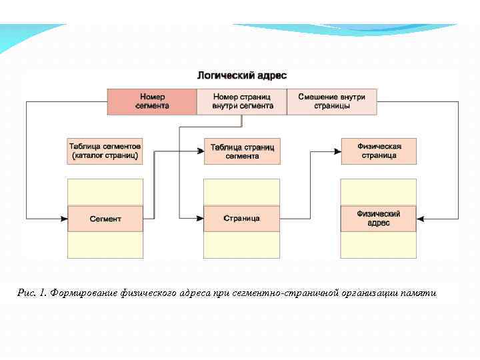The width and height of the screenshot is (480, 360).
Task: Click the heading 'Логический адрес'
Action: pos(242,76)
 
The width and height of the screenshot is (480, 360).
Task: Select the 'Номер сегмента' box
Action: pos(152,101)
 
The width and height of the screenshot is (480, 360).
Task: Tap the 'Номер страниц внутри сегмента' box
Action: pos(242,101)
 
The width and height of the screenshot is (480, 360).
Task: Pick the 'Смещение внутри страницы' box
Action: pos(331,101)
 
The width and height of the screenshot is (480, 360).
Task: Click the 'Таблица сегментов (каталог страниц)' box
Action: pos(105,151)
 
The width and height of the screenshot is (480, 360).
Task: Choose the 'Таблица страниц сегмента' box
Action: pos(242,151)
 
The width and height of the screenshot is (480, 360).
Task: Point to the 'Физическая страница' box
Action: pos(379,151)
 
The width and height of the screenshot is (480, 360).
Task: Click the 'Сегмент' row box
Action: pos(105,219)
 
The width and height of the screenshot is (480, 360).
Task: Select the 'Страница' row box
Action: pos(242,219)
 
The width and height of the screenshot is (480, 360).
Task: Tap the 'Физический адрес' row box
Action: pos(379,219)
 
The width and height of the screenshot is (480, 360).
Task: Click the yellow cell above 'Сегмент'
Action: pos(105,192)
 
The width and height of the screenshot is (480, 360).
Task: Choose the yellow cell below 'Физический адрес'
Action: pos(379,245)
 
